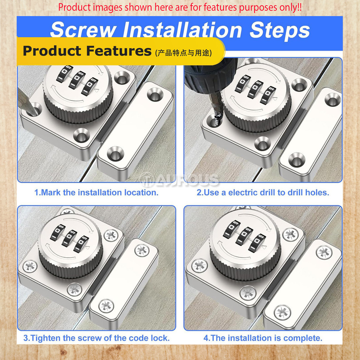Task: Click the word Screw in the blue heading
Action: pyautogui.click(x=83, y=30)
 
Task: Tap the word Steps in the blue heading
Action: pyautogui.click(x=279, y=30)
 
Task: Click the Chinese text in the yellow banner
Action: pyautogui.click(x=184, y=53)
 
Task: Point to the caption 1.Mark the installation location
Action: pyautogui.click(x=96, y=192)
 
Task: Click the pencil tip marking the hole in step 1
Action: pyautogui.click(x=34, y=112)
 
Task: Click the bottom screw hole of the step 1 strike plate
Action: pyautogui.click(x=115, y=154)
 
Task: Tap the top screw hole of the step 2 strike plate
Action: pyautogui.click(x=333, y=99)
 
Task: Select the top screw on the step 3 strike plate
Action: pyautogui.click(x=142, y=250)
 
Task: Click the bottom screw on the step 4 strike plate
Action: pyautogui.click(x=282, y=312)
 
